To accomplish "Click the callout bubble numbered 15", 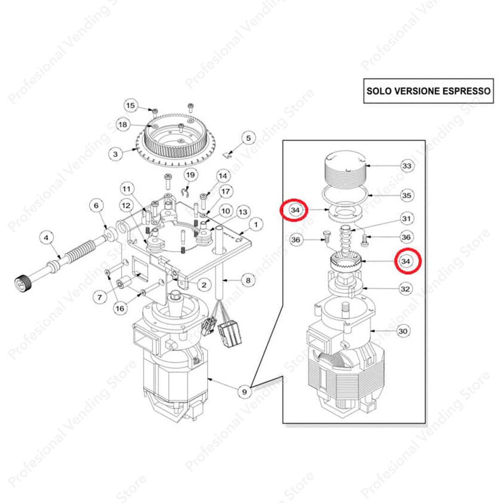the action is [x=130, y=106].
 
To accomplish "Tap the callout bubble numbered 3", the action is [x=116, y=154].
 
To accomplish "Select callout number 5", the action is [x=248, y=138].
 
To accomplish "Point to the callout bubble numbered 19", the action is [x=190, y=175].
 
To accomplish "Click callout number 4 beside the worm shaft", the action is [x=46, y=238].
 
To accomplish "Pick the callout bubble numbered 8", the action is [x=248, y=280].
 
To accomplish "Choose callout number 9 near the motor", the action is [x=245, y=392].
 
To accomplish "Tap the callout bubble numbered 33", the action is [x=407, y=166].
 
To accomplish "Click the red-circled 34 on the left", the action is [x=294, y=210].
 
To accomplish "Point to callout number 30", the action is [x=403, y=331].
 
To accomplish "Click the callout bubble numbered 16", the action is [x=120, y=309].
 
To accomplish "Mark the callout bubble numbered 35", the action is [x=407, y=195].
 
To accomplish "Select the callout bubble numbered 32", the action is [x=406, y=289].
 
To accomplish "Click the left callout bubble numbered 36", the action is [x=295, y=240].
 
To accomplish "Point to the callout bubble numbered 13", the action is [x=243, y=212].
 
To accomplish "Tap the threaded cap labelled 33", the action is [x=345, y=170].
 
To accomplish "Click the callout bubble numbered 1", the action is [x=256, y=224].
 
